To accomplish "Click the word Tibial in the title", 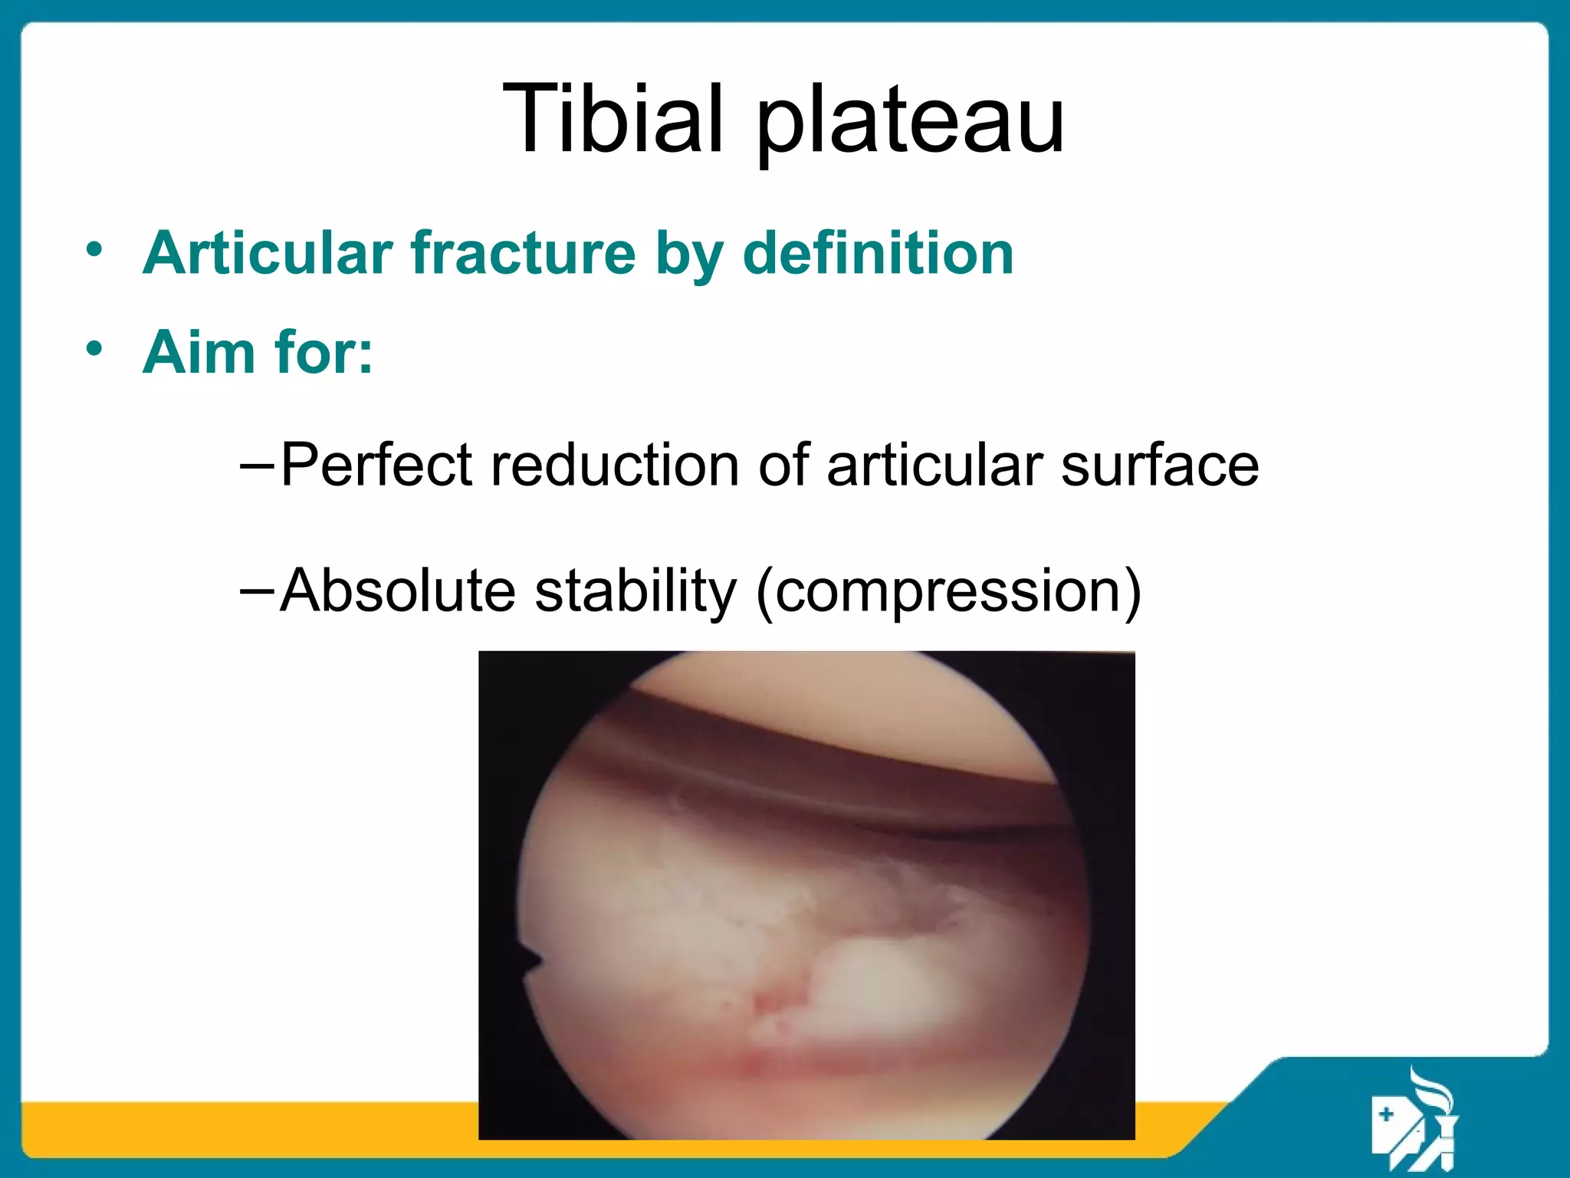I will click(612, 119).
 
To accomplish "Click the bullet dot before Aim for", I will click(94, 349).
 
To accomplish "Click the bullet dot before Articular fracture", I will click(94, 249).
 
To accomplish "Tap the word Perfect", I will click(376, 465).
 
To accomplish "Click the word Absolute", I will click(398, 590).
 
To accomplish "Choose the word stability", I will click(636, 590).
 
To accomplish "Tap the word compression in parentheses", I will click(948, 591).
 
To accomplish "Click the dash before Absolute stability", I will click(256, 591).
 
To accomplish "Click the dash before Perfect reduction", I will click(256, 465).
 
